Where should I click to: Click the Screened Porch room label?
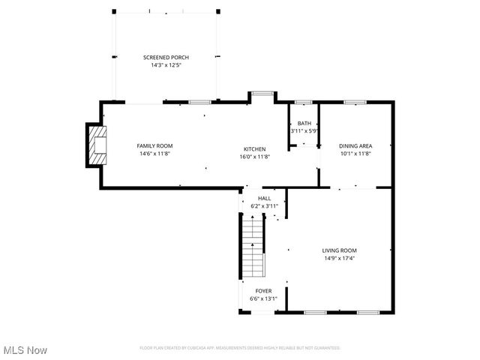[166, 57]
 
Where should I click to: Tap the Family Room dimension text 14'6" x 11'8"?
[155, 154]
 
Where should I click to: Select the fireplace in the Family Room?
[97, 145]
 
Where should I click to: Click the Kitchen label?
[254, 148]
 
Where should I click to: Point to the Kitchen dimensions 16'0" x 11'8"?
[254, 156]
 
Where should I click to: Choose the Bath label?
[304, 123]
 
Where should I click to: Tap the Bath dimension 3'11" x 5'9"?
[304, 130]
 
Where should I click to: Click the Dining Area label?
[355, 145]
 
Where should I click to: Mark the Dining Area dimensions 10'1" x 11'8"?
[355, 154]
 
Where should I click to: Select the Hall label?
[265, 198]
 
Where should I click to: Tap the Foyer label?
[263, 290]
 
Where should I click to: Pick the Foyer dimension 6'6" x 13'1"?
[263, 298]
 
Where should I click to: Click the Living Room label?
[339, 250]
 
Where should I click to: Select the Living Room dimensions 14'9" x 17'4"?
[339, 259]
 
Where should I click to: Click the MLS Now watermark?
[25, 350]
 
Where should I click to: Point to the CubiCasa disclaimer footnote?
[240, 347]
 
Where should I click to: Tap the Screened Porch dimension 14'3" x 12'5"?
[166, 65]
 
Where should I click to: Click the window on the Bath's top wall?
[303, 101]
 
